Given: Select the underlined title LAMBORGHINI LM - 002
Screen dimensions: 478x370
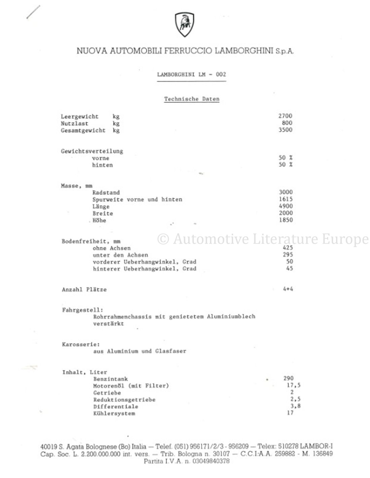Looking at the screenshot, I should click(x=191, y=74).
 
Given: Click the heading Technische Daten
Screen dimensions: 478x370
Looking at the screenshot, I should click(x=191, y=99).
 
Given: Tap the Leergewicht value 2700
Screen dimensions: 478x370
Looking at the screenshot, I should click(x=285, y=116).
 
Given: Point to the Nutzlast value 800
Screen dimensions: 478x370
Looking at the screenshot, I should click(x=287, y=123).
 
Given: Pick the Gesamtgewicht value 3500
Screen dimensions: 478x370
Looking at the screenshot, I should click(x=285, y=130).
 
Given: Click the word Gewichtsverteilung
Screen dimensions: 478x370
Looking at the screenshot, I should click(x=92, y=151).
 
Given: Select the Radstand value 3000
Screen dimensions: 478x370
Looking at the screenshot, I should click(x=286, y=192).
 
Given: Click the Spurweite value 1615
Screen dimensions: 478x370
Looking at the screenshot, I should click(x=286, y=199).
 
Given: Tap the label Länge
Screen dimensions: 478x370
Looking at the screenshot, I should click(x=101, y=206).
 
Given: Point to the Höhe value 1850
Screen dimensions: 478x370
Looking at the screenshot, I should click(x=286, y=220).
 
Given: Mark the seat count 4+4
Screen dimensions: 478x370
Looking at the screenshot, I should click(x=288, y=289).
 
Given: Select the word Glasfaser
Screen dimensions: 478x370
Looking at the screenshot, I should click(x=171, y=351).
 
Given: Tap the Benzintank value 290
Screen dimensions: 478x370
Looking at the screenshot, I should click(x=288, y=379).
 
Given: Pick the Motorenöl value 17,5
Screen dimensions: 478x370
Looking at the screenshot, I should click(x=293, y=386).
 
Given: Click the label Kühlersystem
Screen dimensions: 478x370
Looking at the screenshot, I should click(x=114, y=413).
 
